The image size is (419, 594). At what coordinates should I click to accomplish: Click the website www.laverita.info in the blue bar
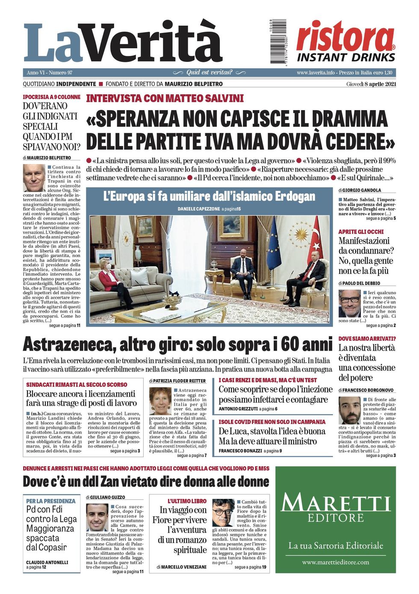point(316,73)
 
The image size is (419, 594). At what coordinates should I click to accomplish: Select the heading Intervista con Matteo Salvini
point(165,99)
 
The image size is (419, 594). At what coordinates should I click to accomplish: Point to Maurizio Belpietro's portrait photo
point(34,178)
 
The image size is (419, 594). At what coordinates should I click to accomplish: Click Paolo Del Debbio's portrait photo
point(349,303)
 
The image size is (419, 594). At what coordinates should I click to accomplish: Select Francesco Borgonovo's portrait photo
point(349,410)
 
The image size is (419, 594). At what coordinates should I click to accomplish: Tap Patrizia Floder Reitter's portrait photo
point(160,401)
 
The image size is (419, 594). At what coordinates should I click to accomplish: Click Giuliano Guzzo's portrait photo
point(97,517)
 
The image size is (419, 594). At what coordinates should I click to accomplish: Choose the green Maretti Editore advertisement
point(335,519)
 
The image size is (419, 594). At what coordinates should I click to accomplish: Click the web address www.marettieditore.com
point(335,562)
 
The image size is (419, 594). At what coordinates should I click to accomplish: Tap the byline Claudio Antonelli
point(47,562)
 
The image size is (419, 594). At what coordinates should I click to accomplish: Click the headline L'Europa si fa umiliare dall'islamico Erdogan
point(209,197)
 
